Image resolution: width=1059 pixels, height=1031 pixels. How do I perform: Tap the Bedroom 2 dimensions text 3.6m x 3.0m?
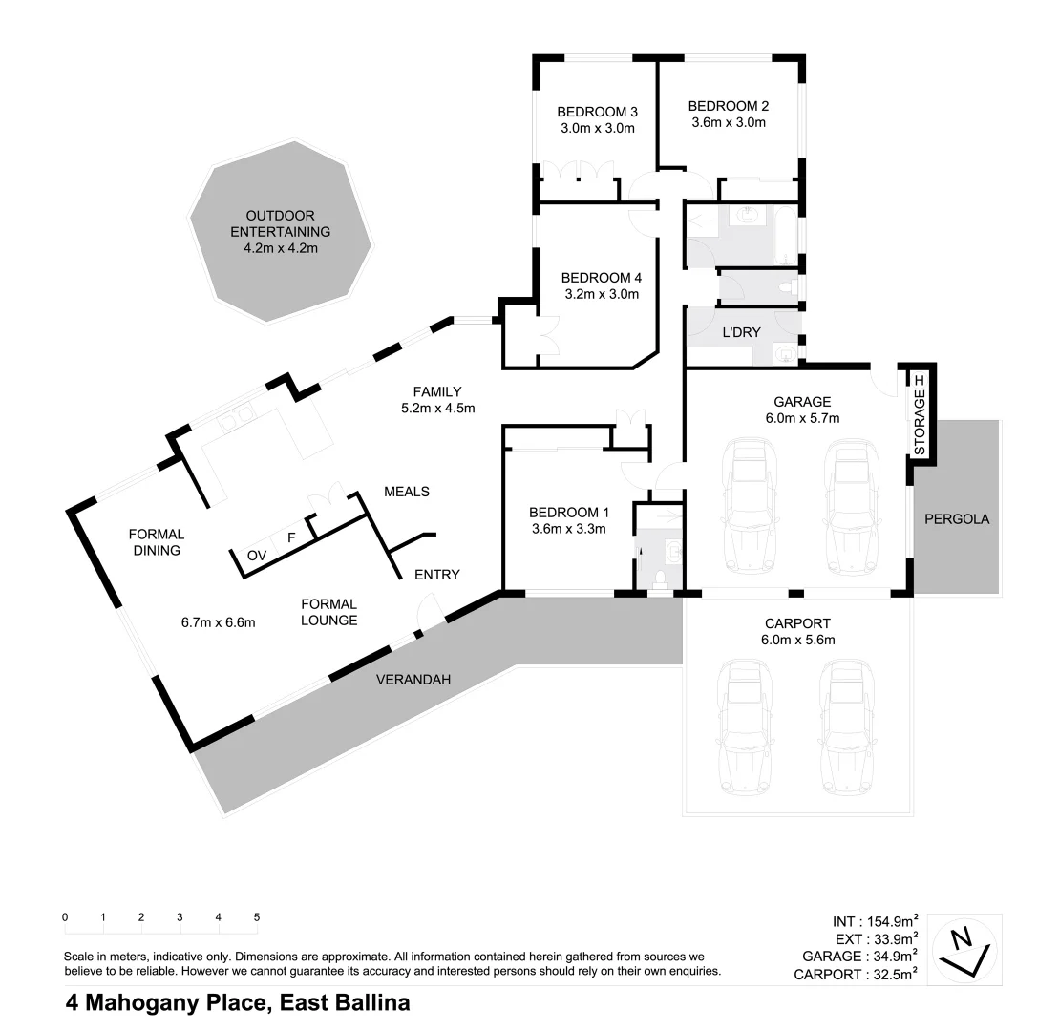coord(728,122)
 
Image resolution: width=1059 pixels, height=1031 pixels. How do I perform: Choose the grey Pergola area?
coord(957,519)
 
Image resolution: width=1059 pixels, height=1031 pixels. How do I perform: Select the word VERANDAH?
coord(412,680)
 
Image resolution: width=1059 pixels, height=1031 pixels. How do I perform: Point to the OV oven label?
coord(257,555)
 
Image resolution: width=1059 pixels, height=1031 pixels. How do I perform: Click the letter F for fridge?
coord(291,537)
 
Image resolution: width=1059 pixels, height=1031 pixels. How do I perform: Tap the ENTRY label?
coord(436,575)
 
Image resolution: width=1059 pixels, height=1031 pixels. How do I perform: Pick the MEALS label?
coord(406,492)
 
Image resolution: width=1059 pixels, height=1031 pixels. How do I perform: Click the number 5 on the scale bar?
coord(256,917)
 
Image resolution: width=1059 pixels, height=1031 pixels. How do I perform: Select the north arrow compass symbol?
coord(966,949)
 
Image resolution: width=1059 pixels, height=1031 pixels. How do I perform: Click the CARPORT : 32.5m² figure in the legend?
coord(856,974)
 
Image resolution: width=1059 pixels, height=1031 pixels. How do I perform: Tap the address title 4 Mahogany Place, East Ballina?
coord(237,1003)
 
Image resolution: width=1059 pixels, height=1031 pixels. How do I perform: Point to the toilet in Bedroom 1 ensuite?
coord(661,578)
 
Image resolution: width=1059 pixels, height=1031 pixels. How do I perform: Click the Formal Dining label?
coord(156,542)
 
